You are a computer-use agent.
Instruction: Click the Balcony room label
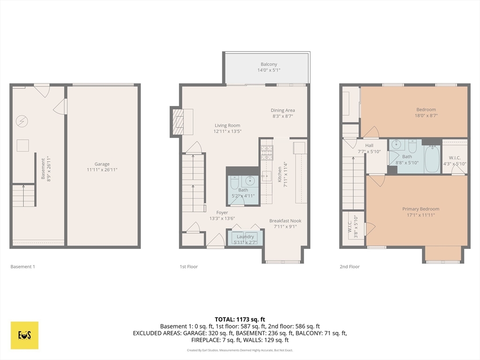269,64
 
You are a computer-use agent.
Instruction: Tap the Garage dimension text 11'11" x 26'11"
102,170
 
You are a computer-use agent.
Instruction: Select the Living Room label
227,125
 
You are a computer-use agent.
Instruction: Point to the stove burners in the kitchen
267,152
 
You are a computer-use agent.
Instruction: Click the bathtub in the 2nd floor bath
432,159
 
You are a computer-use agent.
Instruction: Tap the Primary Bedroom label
420,209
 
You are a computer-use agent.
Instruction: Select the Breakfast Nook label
285,221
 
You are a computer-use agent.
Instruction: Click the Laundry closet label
245,237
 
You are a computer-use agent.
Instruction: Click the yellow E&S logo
24,335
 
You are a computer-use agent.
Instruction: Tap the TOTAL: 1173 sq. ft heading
240,319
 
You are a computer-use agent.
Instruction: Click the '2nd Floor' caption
350,267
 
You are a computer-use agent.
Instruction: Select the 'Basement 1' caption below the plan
22,267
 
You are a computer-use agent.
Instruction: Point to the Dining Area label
283,110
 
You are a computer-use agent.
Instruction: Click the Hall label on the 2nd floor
369,146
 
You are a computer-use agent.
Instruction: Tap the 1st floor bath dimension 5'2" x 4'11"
243,196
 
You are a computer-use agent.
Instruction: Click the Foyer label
222,212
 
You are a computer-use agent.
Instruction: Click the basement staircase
23,195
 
